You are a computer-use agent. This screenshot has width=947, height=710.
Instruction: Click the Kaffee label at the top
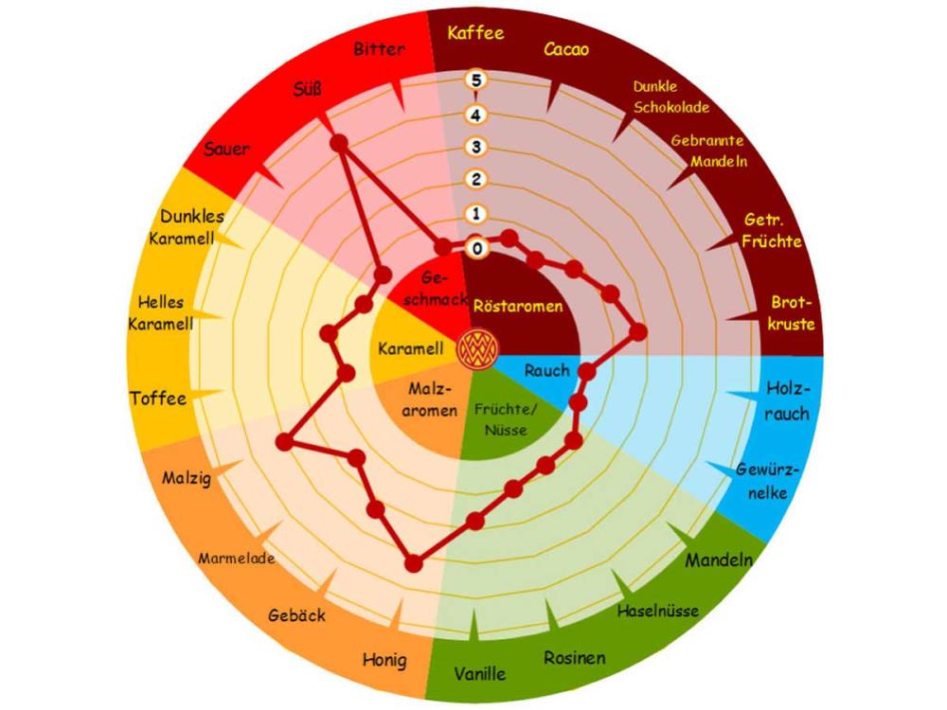pyautogui.click(x=475, y=32)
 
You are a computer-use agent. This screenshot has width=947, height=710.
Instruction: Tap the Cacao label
pyautogui.click(x=566, y=49)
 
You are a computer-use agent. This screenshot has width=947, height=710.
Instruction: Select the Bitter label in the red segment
pyautogui.click(x=379, y=48)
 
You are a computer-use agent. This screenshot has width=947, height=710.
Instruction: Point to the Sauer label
pyautogui.click(x=226, y=149)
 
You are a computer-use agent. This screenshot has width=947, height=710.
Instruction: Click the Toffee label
pyautogui.click(x=158, y=399)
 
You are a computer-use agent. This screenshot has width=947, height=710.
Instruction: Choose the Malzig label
pyautogui.click(x=186, y=479)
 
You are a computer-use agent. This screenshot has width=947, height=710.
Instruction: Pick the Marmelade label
pyautogui.click(x=237, y=559)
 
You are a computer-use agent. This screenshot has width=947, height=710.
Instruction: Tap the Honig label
pyautogui.click(x=384, y=660)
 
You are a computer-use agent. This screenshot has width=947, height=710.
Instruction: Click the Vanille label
pyautogui.click(x=479, y=673)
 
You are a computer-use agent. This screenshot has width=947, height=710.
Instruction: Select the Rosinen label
pyautogui.click(x=575, y=658)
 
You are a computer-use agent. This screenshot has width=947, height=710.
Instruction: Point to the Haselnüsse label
pyautogui.click(x=658, y=611)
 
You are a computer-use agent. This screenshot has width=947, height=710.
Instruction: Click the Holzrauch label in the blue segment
pyautogui.click(x=787, y=400)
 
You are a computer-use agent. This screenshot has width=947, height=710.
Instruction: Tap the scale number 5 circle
pyautogui.click(x=476, y=80)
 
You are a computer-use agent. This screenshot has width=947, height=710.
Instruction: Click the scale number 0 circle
pyautogui.click(x=477, y=248)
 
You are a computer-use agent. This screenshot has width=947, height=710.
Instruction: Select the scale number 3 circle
pyautogui.click(x=476, y=147)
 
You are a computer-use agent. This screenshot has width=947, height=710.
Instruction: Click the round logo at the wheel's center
pyautogui.click(x=477, y=349)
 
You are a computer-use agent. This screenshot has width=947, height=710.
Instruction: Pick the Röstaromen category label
pyautogui.click(x=518, y=306)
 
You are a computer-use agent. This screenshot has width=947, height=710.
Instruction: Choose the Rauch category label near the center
pyautogui.click(x=546, y=370)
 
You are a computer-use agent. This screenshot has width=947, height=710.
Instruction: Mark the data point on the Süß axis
pyautogui.click(x=339, y=144)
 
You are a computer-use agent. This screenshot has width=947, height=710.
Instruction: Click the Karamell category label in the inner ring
pyautogui.click(x=411, y=348)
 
